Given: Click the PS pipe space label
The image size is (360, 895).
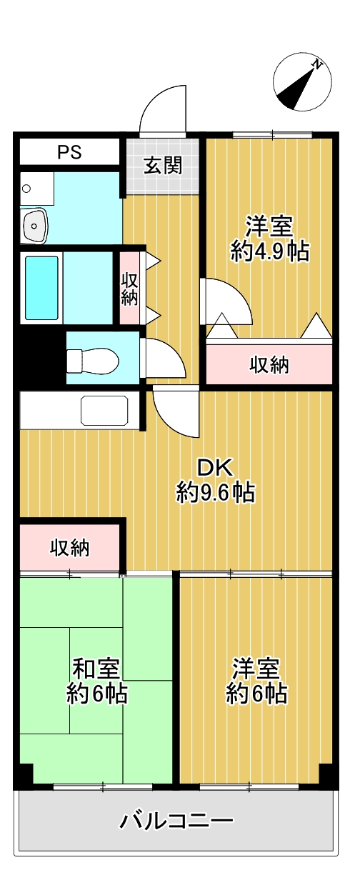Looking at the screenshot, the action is [70, 152].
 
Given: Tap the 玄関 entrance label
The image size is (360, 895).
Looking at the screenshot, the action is [163, 166].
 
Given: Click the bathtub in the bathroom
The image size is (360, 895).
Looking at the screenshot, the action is [41, 288].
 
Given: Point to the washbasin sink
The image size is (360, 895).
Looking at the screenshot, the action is [35, 226].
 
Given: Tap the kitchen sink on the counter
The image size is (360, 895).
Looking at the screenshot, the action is [104, 410].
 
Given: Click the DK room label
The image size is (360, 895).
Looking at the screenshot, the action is [216, 467].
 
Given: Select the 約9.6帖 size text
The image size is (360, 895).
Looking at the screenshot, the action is [216, 492].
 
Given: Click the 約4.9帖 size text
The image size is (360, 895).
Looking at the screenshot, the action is [270, 251].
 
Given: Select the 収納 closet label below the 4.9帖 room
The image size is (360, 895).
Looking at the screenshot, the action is [269, 365].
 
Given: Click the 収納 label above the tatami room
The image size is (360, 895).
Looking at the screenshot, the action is [69, 548].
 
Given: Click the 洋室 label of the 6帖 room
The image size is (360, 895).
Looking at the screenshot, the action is [256, 669].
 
